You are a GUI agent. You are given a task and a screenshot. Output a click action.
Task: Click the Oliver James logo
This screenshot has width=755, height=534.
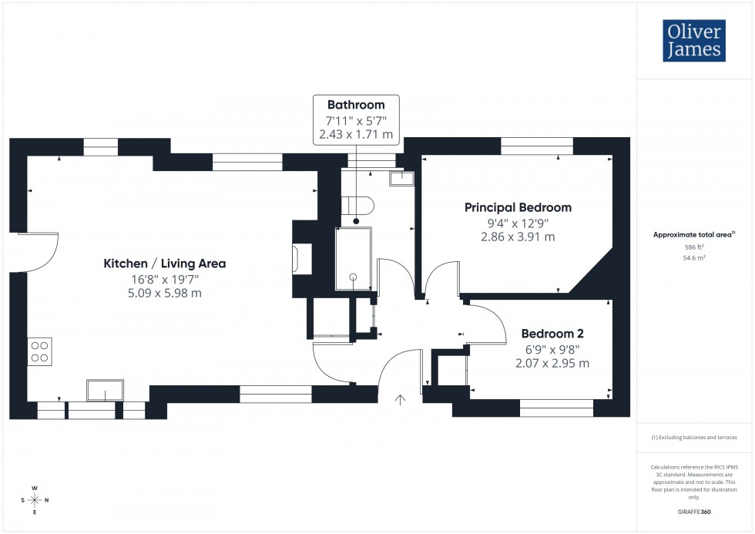pyautogui.click(x=693, y=41)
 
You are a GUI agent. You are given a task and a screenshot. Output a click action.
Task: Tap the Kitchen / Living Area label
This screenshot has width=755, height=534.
pyautogui.click(x=165, y=264)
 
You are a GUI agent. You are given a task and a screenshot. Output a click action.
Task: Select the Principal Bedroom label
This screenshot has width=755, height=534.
pyautogui.click(x=518, y=207)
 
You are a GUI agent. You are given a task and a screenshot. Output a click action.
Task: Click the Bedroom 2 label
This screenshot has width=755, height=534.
pyautogui.click(x=552, y=334)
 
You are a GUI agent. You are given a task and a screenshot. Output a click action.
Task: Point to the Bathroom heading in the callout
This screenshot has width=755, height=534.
pyautogui.click(x=356, y=105)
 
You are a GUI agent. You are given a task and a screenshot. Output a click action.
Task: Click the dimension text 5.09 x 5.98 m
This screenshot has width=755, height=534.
pyautogui.click(x=165, y=293)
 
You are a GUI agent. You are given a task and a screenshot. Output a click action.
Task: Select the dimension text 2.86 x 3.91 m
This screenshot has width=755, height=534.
pyautogui.click(x=518, y=237)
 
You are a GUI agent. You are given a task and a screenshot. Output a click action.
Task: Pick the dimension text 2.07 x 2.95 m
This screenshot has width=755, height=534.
pyautogui.click(x=552, y=363)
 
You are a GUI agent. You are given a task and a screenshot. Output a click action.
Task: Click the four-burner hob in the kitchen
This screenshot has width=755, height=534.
pyautogui.click(x=40, y=351)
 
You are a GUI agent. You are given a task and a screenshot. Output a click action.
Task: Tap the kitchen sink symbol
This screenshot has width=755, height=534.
pyautogui.click(x=104, y=391)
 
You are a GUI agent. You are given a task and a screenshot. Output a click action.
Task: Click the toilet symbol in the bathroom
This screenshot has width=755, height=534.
pyautogui.click(x=360, y=205)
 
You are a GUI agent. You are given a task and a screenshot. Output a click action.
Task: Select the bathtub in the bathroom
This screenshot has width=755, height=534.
pyautogui.click(x=354, y=258)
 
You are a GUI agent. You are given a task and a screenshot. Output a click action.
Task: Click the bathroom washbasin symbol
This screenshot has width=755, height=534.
pyautogui.click(x=402, y=179)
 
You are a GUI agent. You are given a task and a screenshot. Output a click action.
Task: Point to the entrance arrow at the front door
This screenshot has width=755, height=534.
pyautogui.click(x=401, y=399)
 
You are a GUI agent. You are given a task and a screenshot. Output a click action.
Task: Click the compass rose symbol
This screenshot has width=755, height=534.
pyautogui.click(x=35, y=500)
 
